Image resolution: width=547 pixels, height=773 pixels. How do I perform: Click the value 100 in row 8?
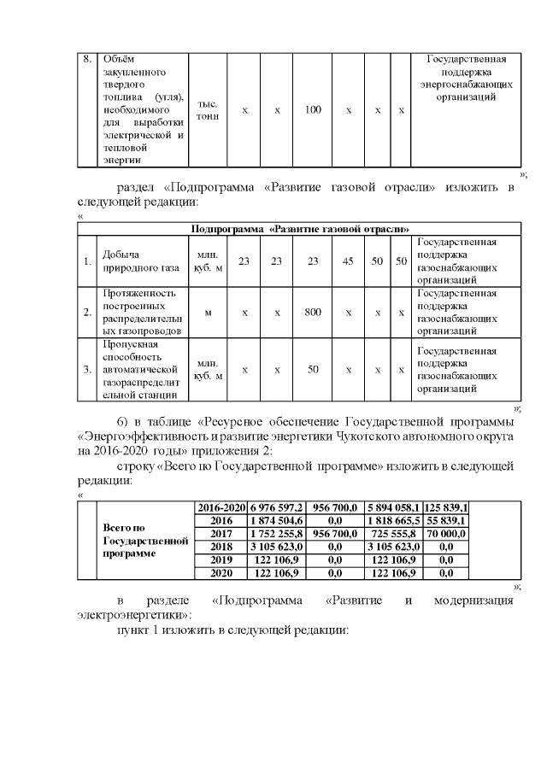313,110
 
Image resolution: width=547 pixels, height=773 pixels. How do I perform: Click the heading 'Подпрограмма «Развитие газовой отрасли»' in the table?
300,229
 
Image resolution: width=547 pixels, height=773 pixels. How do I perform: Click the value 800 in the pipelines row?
313,312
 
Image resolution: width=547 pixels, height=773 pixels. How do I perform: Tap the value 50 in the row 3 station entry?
313,369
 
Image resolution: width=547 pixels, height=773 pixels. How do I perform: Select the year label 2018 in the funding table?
221,544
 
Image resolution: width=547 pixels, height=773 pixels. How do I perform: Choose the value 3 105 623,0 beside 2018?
276,544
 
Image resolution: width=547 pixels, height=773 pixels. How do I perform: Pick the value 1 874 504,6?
276,519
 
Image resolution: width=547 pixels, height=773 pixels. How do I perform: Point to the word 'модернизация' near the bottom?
473,600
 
